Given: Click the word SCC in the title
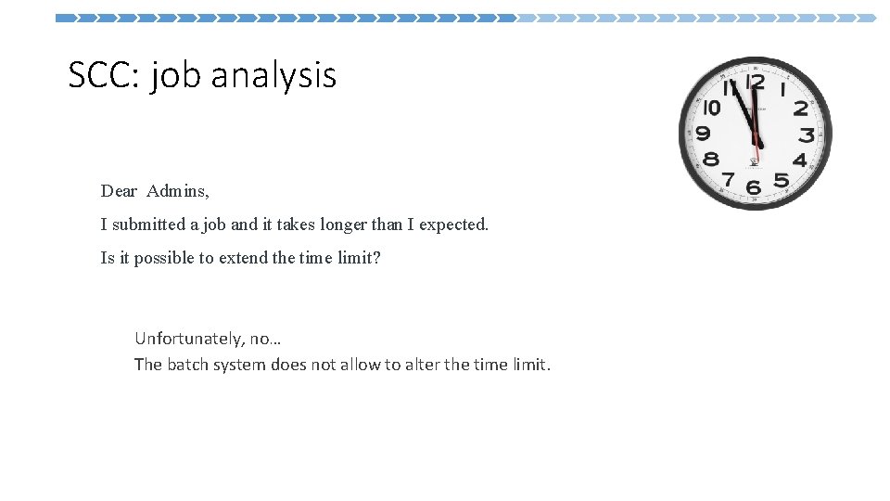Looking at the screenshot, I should [x=99, y=75].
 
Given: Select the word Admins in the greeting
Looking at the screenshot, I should [x=178, y=192].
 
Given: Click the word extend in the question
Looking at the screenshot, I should [x=243, y=258].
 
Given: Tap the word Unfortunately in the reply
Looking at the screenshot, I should [x=188, y=339].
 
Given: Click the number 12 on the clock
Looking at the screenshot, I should [x=756, y=83].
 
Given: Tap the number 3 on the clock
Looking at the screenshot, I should [x=807, y=135].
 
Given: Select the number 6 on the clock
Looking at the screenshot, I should [x=754, y=187].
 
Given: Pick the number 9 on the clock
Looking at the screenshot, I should [x=706, y=134].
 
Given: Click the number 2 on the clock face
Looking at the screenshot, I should [x=800, y=109].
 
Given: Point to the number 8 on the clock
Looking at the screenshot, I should [x=711, y=159].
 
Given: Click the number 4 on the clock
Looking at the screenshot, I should [x=799, y=161].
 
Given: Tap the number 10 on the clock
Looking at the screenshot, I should [x=712, y=109].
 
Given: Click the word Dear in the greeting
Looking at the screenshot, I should [x=119, y=192].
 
